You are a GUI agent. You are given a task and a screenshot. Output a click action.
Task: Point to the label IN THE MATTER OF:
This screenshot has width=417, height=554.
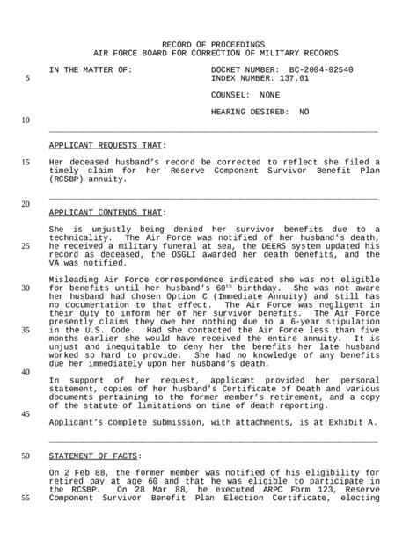91,69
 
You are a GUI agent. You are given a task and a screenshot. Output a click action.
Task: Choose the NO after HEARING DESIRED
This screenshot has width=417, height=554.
304,112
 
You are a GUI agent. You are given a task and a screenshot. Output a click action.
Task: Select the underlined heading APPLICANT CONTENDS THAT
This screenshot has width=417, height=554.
106,213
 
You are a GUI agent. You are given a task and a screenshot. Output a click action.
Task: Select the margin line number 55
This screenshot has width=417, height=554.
26,498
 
